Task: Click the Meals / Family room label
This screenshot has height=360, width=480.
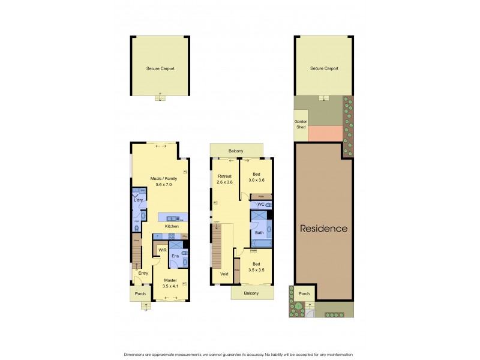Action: [160, 178]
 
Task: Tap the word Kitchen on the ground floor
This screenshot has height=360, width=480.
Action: [172, 226]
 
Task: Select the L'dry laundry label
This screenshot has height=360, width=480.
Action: [138, 200]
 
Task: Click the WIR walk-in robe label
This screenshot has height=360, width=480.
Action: [162, 250]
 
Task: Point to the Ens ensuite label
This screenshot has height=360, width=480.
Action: [175, 256]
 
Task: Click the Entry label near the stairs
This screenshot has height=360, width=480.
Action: [143, 273]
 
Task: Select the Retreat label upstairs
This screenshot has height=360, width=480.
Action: [225, 176]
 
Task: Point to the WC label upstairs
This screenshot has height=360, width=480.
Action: [260, 205]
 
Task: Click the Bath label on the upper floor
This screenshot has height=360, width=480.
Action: [259, 232]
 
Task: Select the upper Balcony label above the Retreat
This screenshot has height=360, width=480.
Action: [235, 151]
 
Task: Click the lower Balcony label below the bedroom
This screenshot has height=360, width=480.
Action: [251, 293]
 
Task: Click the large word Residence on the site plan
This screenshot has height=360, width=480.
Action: [323, 229]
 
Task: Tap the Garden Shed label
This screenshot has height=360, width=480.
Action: [301, 124]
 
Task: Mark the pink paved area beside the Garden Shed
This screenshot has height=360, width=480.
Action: [325, 133]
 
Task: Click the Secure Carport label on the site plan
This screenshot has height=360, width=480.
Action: [324, 68]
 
